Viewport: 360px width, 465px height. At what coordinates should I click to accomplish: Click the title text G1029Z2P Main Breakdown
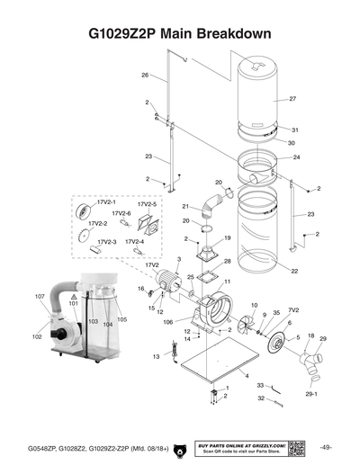pyautogui.click(x=180, y=36)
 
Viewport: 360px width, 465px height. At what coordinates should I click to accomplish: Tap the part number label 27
pyautogui.click(x=292, y=98)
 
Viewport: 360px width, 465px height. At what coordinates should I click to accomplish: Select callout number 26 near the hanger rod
pyautogui.click(x=144, y=76)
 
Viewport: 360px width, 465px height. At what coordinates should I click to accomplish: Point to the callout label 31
pyautogui.click(x=294, y=130)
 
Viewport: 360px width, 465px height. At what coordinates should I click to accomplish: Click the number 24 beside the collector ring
pyautogui.click(x=296, y=157)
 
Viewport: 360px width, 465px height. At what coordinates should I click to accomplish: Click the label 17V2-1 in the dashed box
pyautogui.click(x=107, y=203)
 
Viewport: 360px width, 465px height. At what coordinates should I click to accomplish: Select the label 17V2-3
pyautogui.click(x=107, y=242)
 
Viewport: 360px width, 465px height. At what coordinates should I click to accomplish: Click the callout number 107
pyautogui.click(x=40, y=297)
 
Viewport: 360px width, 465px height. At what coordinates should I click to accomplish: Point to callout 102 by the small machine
pyautogui.click(x=37, y=336)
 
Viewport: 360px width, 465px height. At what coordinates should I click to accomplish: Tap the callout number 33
pyautogui.click(x=260, y=384)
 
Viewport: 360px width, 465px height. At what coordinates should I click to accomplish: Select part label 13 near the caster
pyautogui.click(x=157, y=357)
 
